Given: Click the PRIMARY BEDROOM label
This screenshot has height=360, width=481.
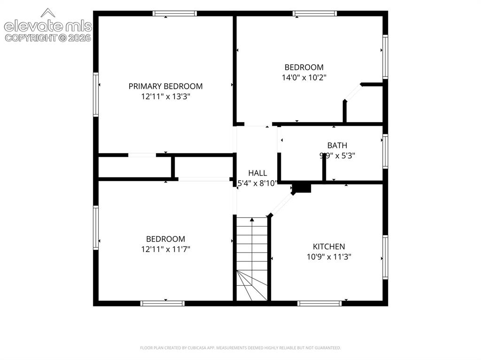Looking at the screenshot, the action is pyautogui.click(x=165, y=86).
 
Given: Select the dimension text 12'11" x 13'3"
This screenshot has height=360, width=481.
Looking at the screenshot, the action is pyautogui.click(x=166, y=97).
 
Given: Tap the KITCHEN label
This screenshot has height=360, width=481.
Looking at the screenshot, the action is pyautogui.click(x=329, y=246).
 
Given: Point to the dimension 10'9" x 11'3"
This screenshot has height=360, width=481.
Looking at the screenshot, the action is pyautogui.click(x=329, y=257).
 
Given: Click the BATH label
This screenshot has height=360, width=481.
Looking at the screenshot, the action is pyautogui.click(x=337, y=146).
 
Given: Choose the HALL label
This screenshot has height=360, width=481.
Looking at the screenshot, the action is pyautogui.click(x=257, y=173).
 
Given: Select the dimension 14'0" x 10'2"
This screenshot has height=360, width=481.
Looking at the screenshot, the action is pyautogui.click(x=304, y=77).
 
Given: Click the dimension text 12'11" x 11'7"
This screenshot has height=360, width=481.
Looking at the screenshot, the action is pyautogui.click(x=166, y=249).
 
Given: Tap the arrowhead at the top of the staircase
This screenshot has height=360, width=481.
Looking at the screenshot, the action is pyautogui.click(x=252, y=220).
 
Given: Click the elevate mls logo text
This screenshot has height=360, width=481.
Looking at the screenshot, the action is pyautogui.click(x=48, y=26).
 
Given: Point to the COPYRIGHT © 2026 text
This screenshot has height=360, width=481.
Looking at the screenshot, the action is pyautogui.click(x=48, y=38).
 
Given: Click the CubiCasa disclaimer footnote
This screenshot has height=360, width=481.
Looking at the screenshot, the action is pyautogui.click(x=240, y=348).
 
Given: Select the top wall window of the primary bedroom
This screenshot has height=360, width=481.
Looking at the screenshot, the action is pyautogui.click(x=175, y=14).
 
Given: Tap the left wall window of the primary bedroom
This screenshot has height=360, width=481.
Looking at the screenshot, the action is pyautogui.click(x=96, y=94).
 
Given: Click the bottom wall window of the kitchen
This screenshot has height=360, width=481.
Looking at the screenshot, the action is pyautogui.click(x=319, y=303).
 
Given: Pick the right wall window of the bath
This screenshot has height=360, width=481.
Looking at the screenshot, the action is pyautogui.click(x=385, y=151).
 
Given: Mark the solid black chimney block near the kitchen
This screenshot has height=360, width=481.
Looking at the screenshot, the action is pyautogui.click(x=302, y=188).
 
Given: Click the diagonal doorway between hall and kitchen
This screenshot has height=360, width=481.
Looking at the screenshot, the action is pyautogui.click(x=281, y=205).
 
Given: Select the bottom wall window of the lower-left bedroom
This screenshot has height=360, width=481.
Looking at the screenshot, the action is pyautogui.click(x=163, y=303).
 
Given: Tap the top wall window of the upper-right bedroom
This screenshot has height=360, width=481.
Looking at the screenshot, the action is pyautogui.click(x=315, y=14).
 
